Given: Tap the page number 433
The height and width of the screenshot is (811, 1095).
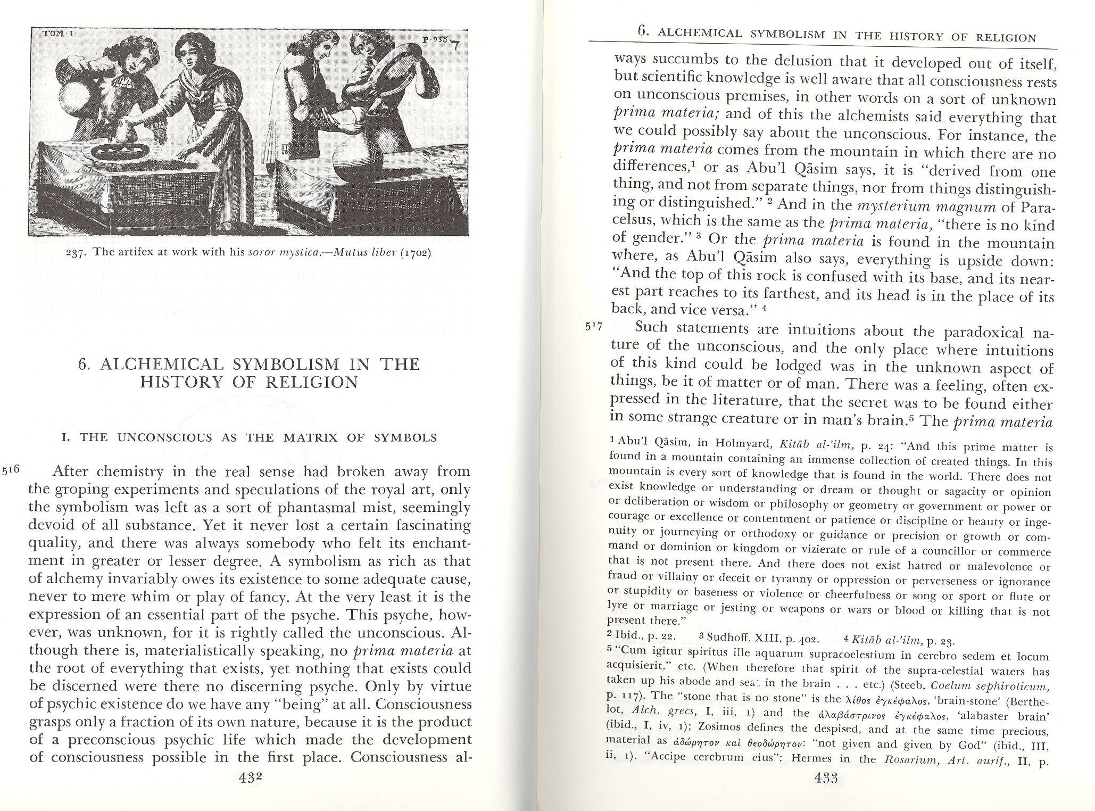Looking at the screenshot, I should click(x=826, y=778).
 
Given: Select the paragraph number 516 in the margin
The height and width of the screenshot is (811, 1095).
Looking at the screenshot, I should click(x=11, y=470).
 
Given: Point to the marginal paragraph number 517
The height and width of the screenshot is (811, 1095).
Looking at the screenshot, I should click(x=593, y=328).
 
